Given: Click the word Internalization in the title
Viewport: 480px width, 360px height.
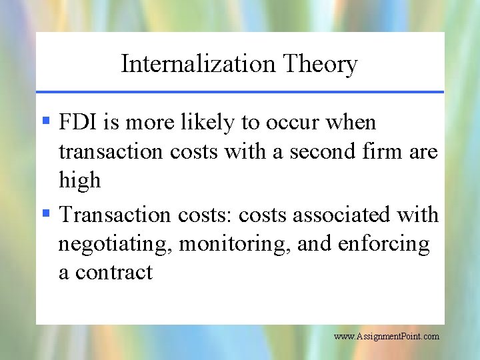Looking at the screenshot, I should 198,64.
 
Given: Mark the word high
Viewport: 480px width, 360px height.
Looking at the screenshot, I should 79,181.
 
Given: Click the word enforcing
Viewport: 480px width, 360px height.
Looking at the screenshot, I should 384,245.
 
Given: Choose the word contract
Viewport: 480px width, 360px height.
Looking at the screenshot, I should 114,273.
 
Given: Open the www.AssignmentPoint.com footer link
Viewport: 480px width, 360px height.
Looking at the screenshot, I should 386,337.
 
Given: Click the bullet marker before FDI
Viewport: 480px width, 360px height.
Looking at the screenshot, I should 46,122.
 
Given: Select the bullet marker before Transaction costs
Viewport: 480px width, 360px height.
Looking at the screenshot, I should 46,214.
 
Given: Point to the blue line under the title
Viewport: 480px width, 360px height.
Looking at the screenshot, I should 240,91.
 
